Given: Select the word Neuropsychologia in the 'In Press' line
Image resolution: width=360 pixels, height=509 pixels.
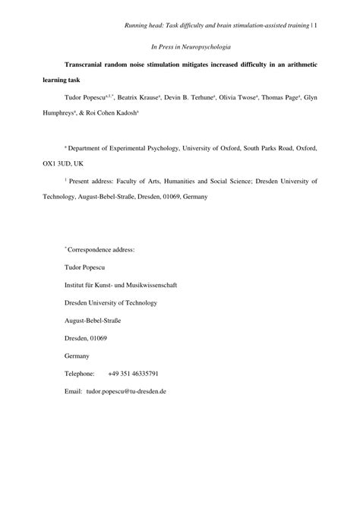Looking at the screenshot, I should pos(204,47).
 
